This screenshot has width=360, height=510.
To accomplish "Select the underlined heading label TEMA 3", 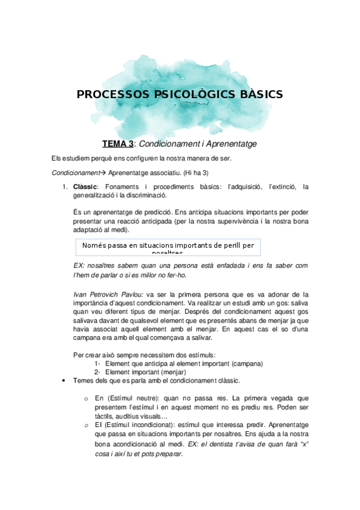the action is pyautogui.click(x=118, y=144).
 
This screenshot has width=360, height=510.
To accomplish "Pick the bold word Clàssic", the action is pyautogui.click(x=85, y=187).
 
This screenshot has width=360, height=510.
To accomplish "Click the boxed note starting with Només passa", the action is pyautogui.click(x=168, y=246).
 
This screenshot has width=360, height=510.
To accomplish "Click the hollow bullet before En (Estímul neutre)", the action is pyautogui.click(x=87, y=398).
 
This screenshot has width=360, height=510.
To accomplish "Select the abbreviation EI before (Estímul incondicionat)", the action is pyautogui.click(x=97, y=425).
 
